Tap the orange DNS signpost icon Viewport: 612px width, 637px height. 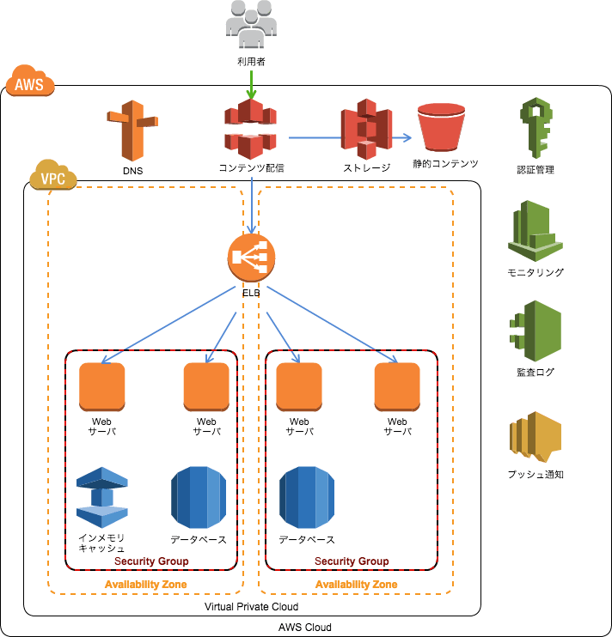click(132, 130)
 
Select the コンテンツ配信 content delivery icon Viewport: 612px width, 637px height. click(251, 129)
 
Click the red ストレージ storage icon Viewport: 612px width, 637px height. click(367, 129)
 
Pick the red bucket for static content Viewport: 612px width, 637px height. click(441, 127)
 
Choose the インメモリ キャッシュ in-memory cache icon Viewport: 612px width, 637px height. click(102, 497)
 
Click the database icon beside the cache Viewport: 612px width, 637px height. click(198, 498)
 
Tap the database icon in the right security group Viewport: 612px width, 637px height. click(307, 498)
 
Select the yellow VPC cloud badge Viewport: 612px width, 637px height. click(53, 179)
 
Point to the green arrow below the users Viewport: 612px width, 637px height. click(251, 83)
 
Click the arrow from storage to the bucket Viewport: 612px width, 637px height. click(401, 136)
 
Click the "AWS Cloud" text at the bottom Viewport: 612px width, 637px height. click(305, 628)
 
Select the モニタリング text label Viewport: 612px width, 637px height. click(535, 273)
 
